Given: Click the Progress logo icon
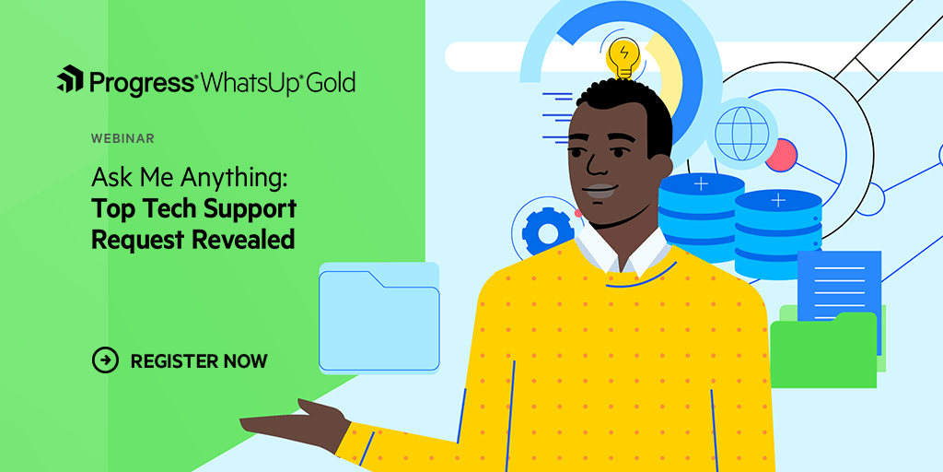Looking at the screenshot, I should [70, 80].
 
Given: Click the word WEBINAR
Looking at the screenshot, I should [122, 138].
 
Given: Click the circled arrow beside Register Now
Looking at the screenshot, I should [106, 360].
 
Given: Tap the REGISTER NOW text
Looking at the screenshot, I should [199, 360].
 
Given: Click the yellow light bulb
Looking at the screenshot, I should [623, 58].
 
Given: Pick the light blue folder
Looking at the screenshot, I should [378, 318].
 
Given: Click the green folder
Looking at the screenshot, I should [822, 350].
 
